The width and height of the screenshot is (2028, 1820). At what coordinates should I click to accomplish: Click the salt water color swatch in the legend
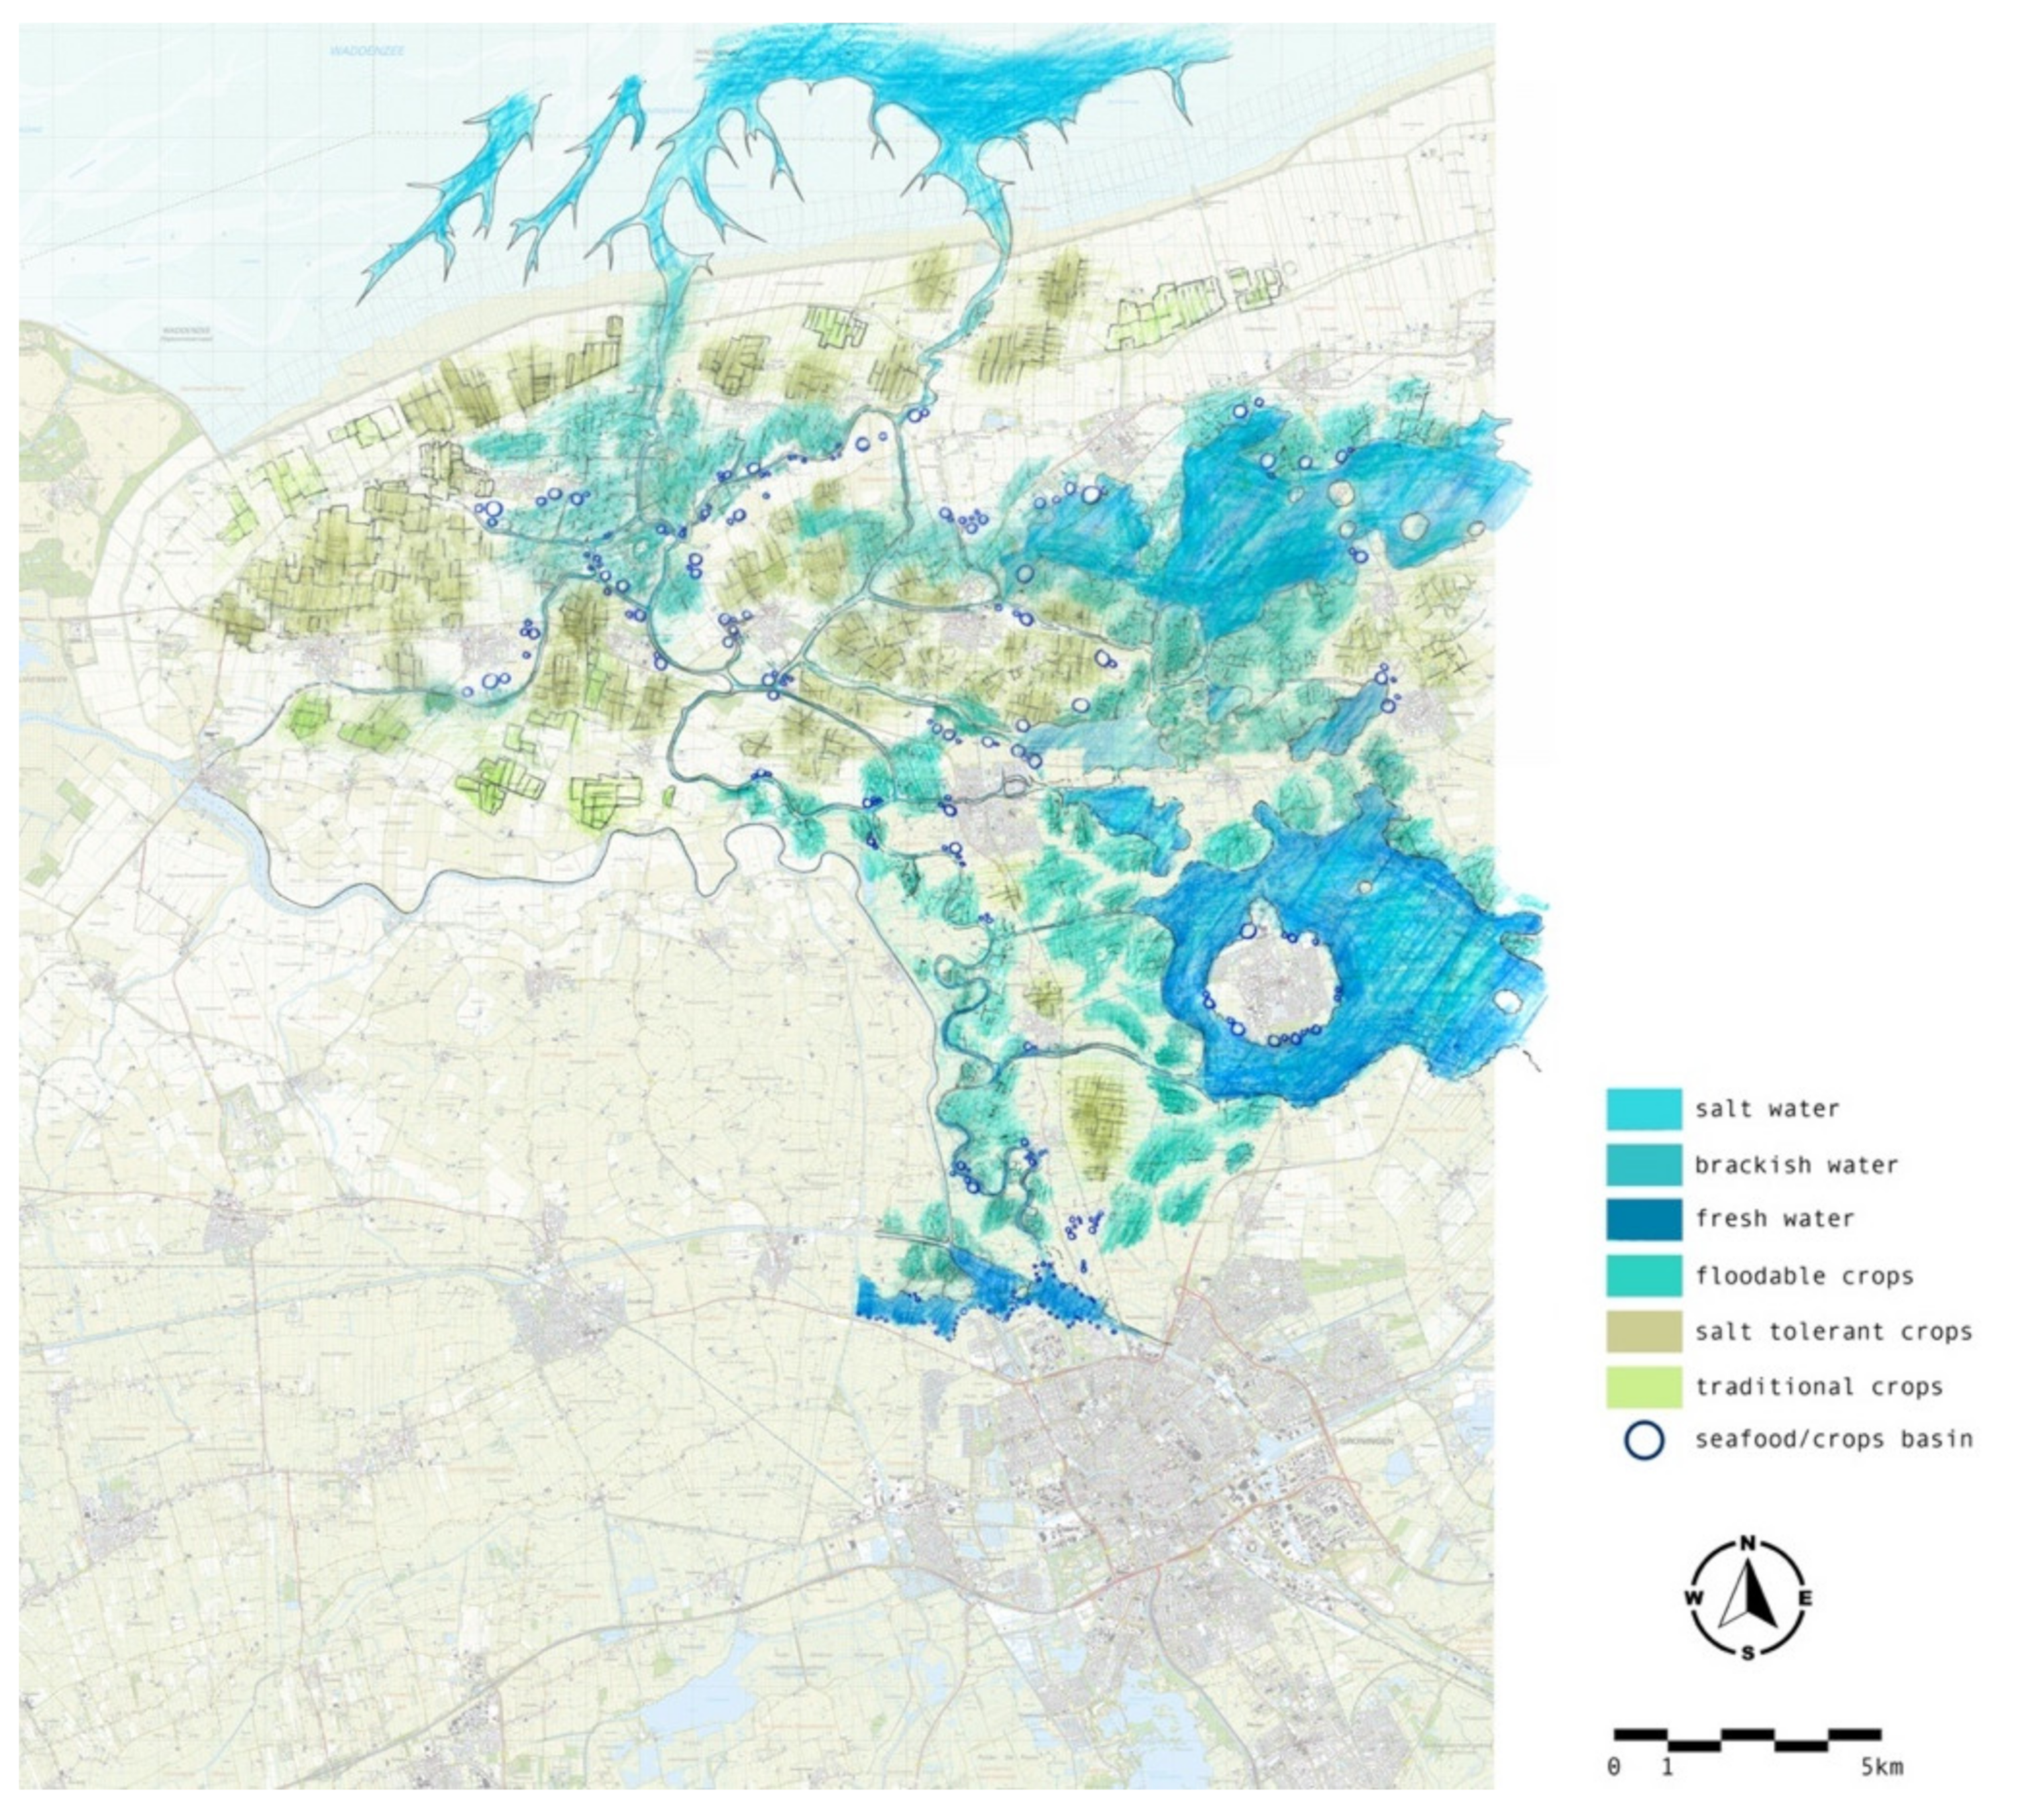pyautogui.click(x=1643, y=1108)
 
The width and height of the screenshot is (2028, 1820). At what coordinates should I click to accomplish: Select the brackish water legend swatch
pyautogui.click(x=1643, y=1164)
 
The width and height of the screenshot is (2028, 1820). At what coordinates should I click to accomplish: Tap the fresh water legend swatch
pyautogui.click(x=1643, y=1219)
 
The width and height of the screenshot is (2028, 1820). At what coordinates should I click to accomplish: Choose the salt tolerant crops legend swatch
pyautogui.click(x=1643, y=1331)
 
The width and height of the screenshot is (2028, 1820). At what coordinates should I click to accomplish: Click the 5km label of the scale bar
pyautogui.click(x=1881, y=1767)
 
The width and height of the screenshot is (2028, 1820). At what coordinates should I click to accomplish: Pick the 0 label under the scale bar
pyautogui.click(x=1613, y=1767)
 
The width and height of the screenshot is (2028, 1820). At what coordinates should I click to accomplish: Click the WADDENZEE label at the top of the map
pyautogui.click(x=366, y=50)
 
